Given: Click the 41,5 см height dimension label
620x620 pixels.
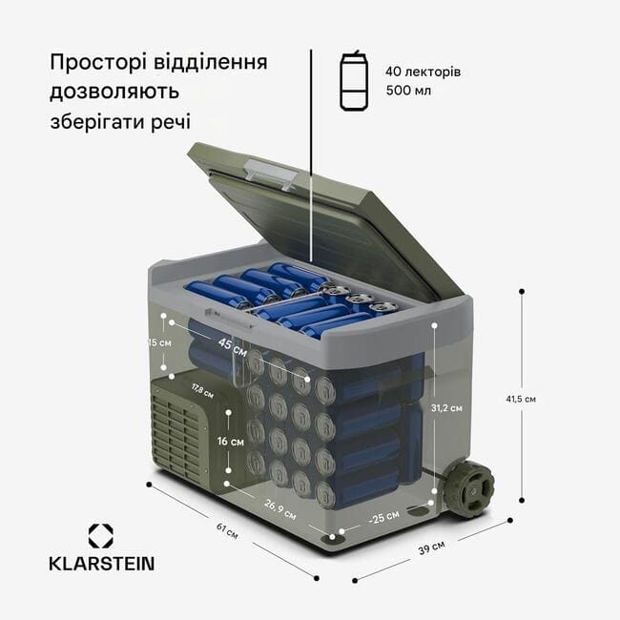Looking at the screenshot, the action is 521,399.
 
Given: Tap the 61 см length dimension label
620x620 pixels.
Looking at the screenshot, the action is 227,530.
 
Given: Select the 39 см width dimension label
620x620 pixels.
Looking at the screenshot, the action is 431,548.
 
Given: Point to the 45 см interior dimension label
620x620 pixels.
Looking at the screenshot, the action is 233,346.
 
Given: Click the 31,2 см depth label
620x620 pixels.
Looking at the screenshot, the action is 446,407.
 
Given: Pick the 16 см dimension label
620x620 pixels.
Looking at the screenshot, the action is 231,441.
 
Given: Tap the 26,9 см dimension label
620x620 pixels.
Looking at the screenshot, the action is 279,509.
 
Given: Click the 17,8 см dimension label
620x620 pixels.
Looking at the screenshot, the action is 202,391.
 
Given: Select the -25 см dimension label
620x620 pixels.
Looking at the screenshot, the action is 384,517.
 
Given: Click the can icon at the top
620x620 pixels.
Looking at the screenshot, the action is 354,80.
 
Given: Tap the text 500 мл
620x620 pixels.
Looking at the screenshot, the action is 408,91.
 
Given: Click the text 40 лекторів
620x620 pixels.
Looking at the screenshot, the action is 424,72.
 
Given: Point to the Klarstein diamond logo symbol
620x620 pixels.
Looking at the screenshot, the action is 101,536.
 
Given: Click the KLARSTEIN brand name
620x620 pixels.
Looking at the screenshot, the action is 102,564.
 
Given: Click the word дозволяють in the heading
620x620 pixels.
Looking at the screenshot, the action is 114,93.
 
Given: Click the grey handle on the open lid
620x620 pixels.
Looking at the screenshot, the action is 271,174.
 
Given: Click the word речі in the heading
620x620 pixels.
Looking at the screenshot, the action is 171,122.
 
